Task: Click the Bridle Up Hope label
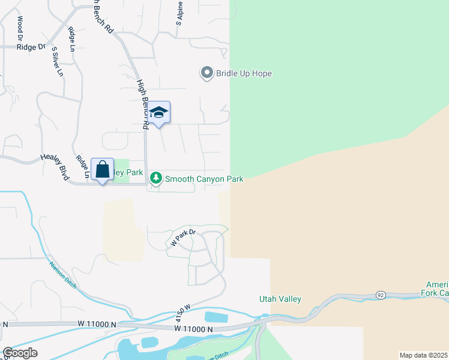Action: pyautogui.click(x=244, y=74)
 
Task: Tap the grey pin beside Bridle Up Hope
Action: pyautogui.click(x=207, y=73)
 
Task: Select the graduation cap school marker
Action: pyautogui.click(x=158, y=112)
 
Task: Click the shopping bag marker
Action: pyautogui.click(x=102, y=169)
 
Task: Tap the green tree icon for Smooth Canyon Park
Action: pyautogui.click(x=156, y=178)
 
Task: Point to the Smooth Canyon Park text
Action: pyautogui.click(x=204, y=179)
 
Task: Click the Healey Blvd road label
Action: pyautogui.click(x=55, y=167)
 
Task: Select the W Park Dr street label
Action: pyautogui.click(x=184, y=238)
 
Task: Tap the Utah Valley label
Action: pyautogui.click(x=280, y=299)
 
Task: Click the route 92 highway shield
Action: pyautogui.click(x=380, y=295)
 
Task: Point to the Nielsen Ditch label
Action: pyautogui.click(x=63, y=275)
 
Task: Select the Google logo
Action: pyautogui.click(x=20, y=353)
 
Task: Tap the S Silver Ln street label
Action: pyautogui.click(x=57, y=62)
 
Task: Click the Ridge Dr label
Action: pyautogui.click(x=31, y=46)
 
